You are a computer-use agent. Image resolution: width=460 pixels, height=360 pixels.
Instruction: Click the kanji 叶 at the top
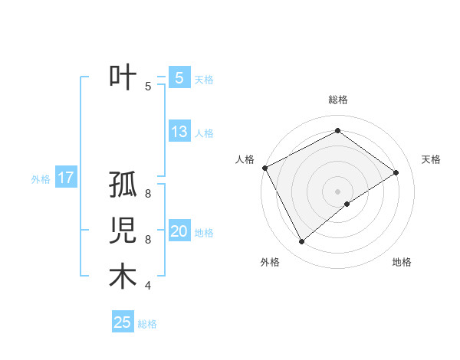(x=123, y=78)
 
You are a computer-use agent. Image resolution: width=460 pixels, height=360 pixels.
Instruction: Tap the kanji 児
(x=123, y=231)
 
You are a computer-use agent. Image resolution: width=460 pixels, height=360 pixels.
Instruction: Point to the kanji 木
(x=123, y=277)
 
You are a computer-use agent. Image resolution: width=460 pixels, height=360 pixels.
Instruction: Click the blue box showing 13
(x=179, y=131)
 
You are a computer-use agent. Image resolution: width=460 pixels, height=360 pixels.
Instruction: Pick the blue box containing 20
(x=179, y=231)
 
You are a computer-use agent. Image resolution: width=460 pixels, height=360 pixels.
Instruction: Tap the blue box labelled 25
(x=123, y=322)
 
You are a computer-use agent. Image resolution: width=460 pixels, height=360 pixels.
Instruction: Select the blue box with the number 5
(x=179, y=77)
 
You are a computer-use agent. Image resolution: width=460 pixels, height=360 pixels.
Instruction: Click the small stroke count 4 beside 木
(x=147, y=286)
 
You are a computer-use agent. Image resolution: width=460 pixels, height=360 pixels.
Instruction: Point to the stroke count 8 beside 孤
(x=147, y=194)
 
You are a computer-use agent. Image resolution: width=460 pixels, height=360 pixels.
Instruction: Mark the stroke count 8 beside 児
(x=147, y=240)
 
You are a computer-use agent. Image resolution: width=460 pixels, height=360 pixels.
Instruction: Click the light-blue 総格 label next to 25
(x=147, y=324)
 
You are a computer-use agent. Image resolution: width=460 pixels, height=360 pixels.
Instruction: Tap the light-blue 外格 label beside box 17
(x=41, y=179)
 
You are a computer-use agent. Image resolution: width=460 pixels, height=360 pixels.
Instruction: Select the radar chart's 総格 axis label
(x=337, y=100)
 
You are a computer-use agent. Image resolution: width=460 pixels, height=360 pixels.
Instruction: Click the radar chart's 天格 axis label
(x=432, y=159)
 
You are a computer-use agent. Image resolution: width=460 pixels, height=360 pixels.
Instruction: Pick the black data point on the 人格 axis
(x=264, y=168)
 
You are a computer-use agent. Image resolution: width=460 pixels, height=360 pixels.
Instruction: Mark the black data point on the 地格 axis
(x=347, y=204)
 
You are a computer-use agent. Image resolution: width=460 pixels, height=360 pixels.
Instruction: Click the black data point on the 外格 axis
(x=301, y=242)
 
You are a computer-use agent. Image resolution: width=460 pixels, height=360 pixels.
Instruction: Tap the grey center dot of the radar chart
(x=337, y=191)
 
